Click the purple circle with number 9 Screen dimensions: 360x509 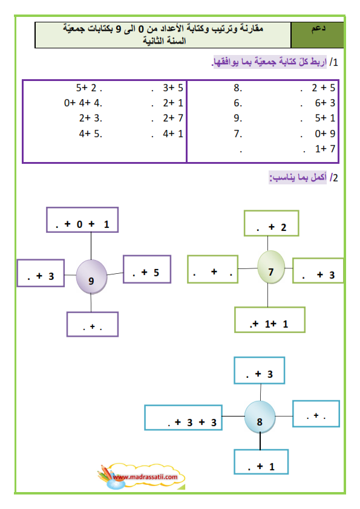pos(91,277)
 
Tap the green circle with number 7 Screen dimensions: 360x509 pos(271,267)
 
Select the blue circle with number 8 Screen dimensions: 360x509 pos(260,417)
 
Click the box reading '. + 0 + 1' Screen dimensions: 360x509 pos(82,220)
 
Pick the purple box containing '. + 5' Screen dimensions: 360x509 pos(147,269)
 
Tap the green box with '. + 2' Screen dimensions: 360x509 pos(271,223)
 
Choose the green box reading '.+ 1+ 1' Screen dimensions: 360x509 pos(270,320)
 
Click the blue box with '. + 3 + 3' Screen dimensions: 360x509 pos(183,418)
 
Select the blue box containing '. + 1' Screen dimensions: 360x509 pos(261,462)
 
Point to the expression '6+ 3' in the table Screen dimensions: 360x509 pos(325,103)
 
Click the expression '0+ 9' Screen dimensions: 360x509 pos(325,134)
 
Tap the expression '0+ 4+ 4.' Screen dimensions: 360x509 pos(83,103)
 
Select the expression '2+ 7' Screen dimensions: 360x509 pos(173,118)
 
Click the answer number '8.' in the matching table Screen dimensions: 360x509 pos(238,88)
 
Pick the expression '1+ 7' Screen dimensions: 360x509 pos(325,149)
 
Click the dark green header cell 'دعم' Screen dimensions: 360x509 pos(317,35)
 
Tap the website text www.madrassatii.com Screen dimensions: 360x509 pos(145,477)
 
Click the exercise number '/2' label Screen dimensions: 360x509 pos(334,178)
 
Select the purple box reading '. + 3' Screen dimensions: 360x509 pos(41,273)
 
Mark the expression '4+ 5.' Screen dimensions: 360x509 pos(91,134)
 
